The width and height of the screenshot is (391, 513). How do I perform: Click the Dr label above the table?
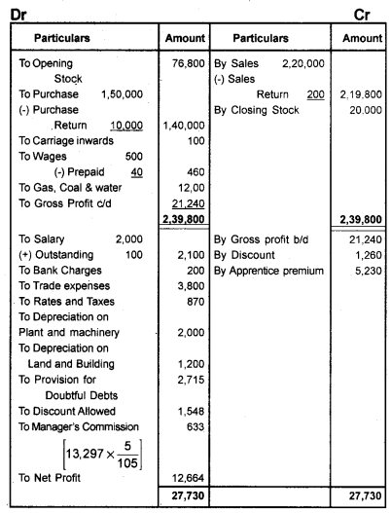point(13,9)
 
